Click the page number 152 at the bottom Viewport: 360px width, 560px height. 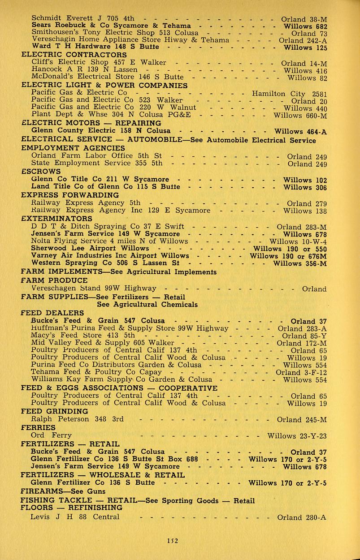180,541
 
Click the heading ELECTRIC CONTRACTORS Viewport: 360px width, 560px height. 74,55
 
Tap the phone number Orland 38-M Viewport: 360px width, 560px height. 304,19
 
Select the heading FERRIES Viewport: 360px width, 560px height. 38,428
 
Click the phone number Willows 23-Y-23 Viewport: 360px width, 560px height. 297,435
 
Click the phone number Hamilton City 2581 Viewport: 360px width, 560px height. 290,94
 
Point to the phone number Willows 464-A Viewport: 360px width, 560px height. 300,131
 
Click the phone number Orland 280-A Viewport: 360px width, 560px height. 302,517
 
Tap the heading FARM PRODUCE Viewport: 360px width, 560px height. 54,280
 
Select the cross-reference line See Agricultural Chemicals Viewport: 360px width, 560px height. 147,305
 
